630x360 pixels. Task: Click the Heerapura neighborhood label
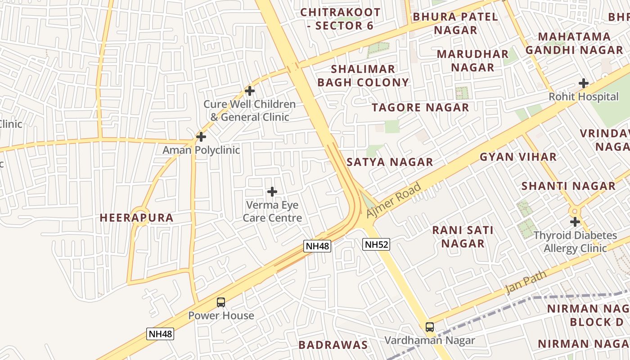pyautogui.click(x=136, y=218)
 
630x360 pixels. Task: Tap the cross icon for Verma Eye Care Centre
pyautogui.click(x=272, y=192)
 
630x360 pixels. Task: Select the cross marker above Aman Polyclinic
pyautogui.click(x=201, y=136)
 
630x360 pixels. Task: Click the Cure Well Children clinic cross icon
pyautogui.click(x=250, y=91)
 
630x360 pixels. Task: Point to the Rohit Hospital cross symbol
pyautogui.click(x=584, y=83)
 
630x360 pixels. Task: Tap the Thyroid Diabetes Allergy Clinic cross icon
pyautogui.click(x=575, y=222)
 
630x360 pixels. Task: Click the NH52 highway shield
pyautogui.click(x=376, y=244)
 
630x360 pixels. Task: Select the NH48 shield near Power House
pyautogui.click(x=160, y=334)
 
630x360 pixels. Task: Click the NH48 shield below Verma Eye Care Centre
pyautogui.click(x=317, y=246)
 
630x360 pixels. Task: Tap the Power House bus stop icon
pyautogui.click(x=221, y=302)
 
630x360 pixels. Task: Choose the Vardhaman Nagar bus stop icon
pyautogui.click(x=430, y=327)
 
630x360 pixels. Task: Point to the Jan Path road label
pyautogui.click(x=526, y=282)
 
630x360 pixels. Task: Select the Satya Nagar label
pyautogui.click(x=390, y=162)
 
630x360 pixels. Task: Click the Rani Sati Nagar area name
pyautogui.click(x=463, y=237)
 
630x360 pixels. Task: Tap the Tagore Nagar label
pyautogui.click(x=420, y=108)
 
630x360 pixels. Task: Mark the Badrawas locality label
pyautogui.click(x=333, y=345)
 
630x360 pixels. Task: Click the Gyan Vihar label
pyautogui.click(x=518, y=157)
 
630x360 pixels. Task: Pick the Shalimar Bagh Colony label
pyautogui.click(x=363, y=76)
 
